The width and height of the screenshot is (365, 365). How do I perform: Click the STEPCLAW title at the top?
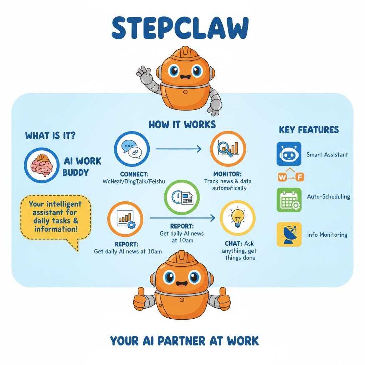pos(180,28)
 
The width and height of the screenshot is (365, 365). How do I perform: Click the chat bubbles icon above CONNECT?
pos(132,149)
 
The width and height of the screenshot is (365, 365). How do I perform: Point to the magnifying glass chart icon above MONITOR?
pos(228,149)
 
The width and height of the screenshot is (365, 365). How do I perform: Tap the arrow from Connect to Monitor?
pos(179,149)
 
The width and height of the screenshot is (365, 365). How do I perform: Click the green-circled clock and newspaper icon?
pos(182,197)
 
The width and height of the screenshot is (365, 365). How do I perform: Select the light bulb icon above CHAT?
pos(238,218)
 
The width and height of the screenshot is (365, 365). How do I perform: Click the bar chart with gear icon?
pos(125,219)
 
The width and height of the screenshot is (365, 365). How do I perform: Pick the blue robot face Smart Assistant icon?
pos(289,154)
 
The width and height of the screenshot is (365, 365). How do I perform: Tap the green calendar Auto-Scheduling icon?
pos(289,200)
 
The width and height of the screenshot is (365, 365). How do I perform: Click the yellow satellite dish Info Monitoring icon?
pos(289,234)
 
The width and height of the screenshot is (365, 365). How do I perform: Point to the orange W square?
pos(282,177)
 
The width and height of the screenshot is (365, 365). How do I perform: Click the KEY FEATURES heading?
pos(309,130)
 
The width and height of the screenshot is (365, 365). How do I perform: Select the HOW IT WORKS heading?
pos(182,124)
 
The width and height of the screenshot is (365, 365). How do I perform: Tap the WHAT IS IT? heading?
pos(50,135)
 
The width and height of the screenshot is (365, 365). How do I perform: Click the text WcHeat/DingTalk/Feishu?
pos(134,181)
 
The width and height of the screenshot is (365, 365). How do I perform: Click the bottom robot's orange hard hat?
pos(182,259)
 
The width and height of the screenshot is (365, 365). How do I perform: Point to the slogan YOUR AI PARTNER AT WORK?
pos(184,341)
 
